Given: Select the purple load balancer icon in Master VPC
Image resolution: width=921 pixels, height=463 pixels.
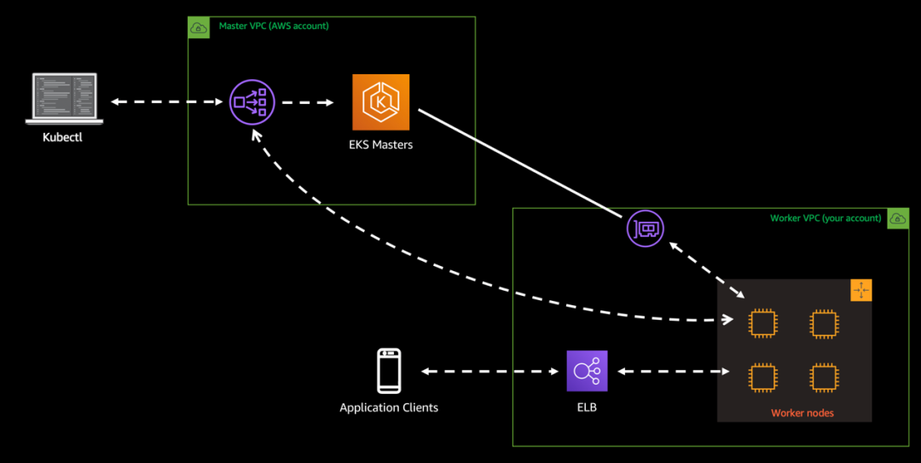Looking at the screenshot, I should click(252, 102).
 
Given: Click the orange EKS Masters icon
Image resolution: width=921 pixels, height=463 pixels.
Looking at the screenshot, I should click(380, 102).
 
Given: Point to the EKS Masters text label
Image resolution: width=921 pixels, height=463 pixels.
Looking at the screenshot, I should click(380, 145).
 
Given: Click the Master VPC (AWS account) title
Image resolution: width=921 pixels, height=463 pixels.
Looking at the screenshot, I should click(273, 26).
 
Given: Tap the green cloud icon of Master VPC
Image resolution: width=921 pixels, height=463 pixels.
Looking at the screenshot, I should click(199, 27).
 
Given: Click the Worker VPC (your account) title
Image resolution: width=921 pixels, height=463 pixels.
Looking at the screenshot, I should click(825, 218).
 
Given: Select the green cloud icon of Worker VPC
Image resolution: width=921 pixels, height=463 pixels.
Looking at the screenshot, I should click(898, 218).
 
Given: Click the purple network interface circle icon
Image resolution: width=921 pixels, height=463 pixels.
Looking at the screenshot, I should click(646, 229).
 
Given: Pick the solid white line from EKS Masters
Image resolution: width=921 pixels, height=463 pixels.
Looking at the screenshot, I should click(520, 162).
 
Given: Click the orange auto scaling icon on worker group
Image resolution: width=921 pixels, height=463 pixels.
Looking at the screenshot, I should click(861, 290).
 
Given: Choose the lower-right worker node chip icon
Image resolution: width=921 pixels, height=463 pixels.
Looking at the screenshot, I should click(822, 377).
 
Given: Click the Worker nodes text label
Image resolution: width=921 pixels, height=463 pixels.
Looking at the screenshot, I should click(802, 413).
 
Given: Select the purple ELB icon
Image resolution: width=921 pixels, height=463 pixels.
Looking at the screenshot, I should click(587, 371).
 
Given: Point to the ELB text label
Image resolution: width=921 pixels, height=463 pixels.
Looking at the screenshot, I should click(587, 408).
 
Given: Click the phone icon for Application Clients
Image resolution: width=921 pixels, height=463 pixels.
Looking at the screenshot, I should click(389, 371).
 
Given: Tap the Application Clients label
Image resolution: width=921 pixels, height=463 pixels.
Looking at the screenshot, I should click(389, 408).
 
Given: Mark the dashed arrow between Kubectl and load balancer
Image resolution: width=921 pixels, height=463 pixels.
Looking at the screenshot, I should click(167, 102).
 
